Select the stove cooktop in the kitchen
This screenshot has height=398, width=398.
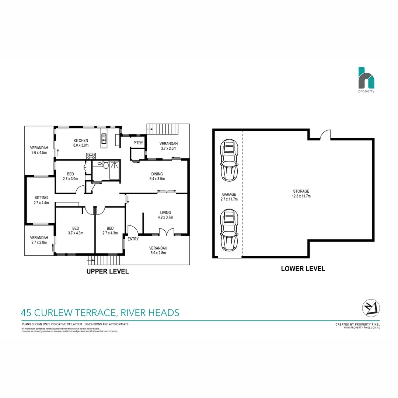(x=91, y=156)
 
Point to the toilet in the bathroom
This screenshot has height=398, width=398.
(x=105, y=165)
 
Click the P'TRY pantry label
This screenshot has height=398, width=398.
(x=138, y=143)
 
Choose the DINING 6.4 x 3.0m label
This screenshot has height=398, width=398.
(x=157, y=176)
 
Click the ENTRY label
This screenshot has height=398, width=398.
(x=133, y=239)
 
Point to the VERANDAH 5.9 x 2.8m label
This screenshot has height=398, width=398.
(x=158, y=250)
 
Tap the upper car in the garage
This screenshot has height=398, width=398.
(x=228, y=161)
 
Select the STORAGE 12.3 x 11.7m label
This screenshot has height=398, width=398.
(x=301, y=193)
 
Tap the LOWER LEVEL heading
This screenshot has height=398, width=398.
(x=303, y=269)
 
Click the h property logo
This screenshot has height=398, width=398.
(x=366, y=80)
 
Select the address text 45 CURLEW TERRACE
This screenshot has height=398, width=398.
(x=68, y=313)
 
